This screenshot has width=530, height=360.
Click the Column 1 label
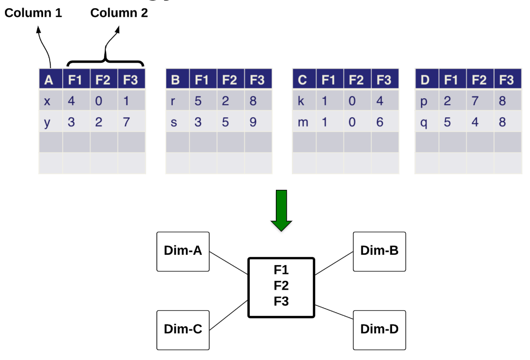click(x=33, y=13)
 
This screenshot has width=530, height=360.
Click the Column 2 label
click(x=119, y=13)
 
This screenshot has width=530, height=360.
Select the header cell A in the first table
click(x=50, y=80)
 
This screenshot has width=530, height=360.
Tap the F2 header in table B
click(x=230, y=80)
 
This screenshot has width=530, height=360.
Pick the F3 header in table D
click(x=507, y=80)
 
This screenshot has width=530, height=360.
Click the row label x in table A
click(x=47, y=101)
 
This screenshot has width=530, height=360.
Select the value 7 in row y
click(x=127, y=122)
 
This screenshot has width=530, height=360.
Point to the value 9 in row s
click(x=253, y=122)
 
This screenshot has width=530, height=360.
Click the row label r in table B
click(x=174, y=101)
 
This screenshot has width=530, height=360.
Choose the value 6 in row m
click(x=380, y=122)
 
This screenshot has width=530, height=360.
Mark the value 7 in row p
click(x=475, y=101)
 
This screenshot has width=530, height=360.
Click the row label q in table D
click(x=424, y=122)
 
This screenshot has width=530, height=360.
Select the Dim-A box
click(x=183, y=251)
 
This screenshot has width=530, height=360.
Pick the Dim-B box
click(x=380, y=251)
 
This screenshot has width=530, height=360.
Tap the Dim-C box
click(x=183, y=329)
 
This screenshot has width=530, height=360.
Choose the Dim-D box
click(x=380, y=329)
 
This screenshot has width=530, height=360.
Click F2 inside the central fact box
click(x=281, y=285)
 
